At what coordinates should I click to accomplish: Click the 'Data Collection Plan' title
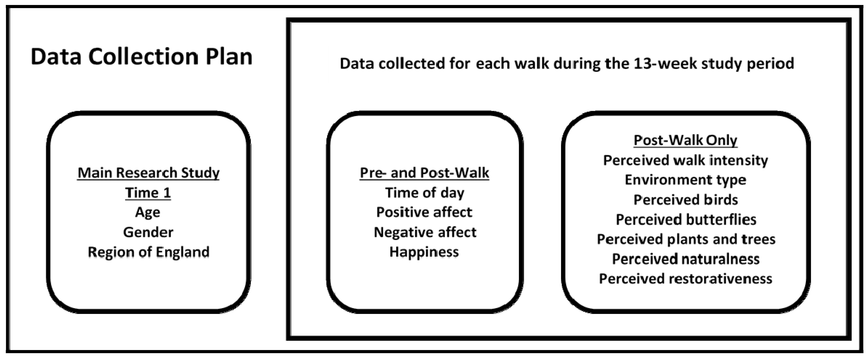pos(141,57)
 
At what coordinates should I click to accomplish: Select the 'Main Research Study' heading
pos(148,173)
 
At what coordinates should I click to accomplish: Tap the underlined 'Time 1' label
pos(148,193)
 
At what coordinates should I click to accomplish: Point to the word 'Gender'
pos(148,232)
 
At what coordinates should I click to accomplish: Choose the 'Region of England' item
pos(148,252)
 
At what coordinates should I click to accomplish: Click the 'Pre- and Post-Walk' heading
pos(424,173)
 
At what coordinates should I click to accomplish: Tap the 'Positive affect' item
pos(424,212)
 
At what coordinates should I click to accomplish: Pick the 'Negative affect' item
pos(425,232)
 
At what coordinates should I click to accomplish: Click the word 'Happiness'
pos(424,252)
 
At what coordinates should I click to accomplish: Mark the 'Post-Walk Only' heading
pos(685,140)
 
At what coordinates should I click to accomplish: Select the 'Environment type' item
pos(685,180)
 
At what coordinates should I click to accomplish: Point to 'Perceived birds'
pos(685,200)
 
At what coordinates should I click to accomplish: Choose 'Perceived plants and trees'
pos(686,239)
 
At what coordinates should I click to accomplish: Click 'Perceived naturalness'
pos(686,259)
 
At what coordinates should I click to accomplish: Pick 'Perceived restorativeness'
pos(685,279)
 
